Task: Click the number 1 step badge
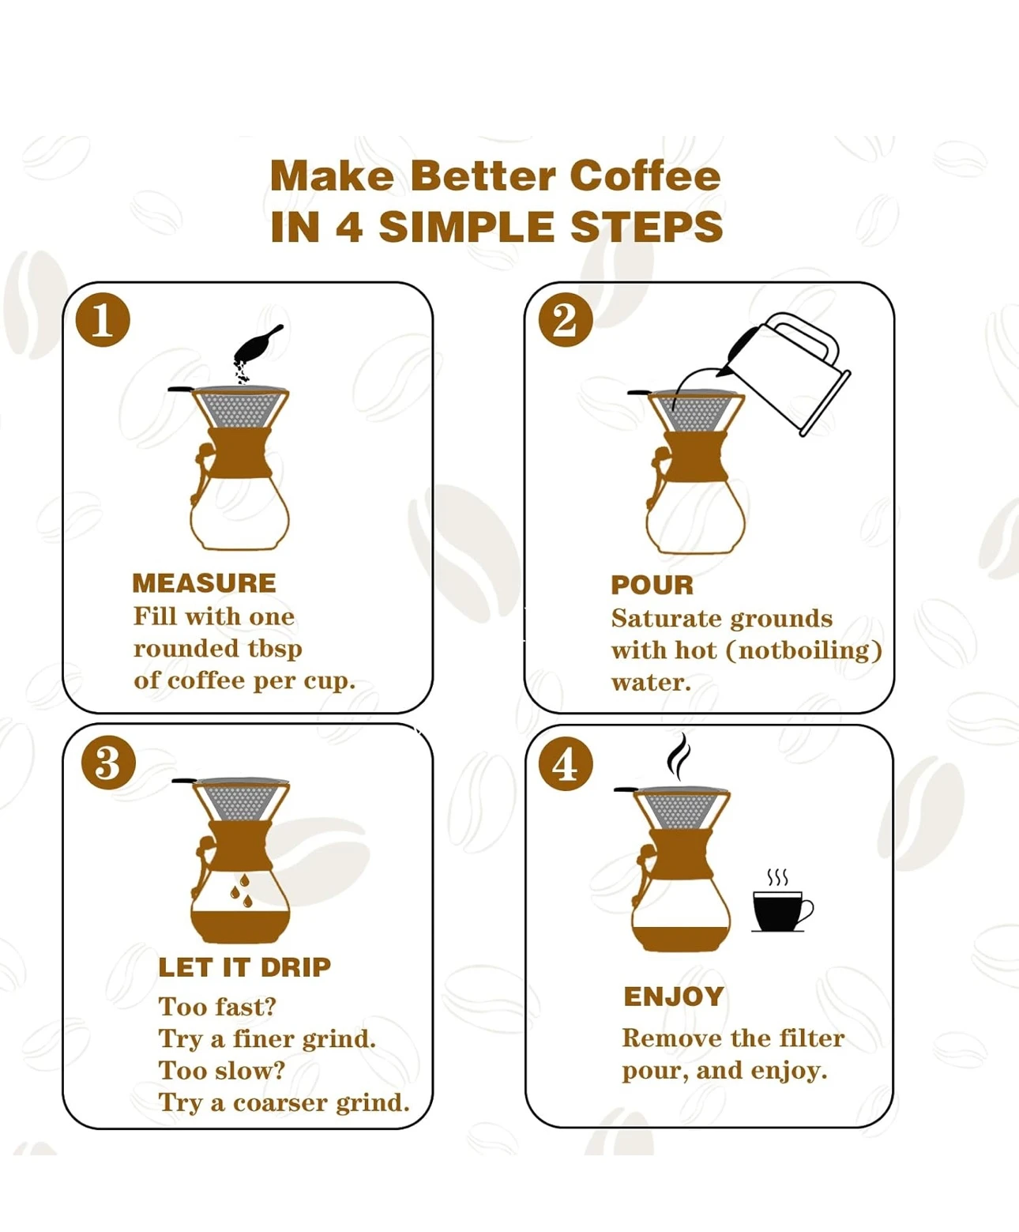click(x=103, y=320)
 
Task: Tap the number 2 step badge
click(x=566, y=320)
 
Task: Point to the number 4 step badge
click(x=566, y=764)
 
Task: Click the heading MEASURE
click(x=204, y=583)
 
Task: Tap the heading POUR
click(x=652, y=586)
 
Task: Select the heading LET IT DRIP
click(x=245, y=968)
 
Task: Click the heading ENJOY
click(x=674, y=997)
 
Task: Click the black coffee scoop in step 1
click(x=258, y=345)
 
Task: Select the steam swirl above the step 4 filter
click(x=679, y=756)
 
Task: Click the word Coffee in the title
click(x=645, y=176)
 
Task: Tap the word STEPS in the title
click(x=647, y=227)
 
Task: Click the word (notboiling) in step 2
click(x=804, y=650)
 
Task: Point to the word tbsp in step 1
click(x=275, y=649)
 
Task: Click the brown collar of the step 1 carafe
click(x=240, y=453)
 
